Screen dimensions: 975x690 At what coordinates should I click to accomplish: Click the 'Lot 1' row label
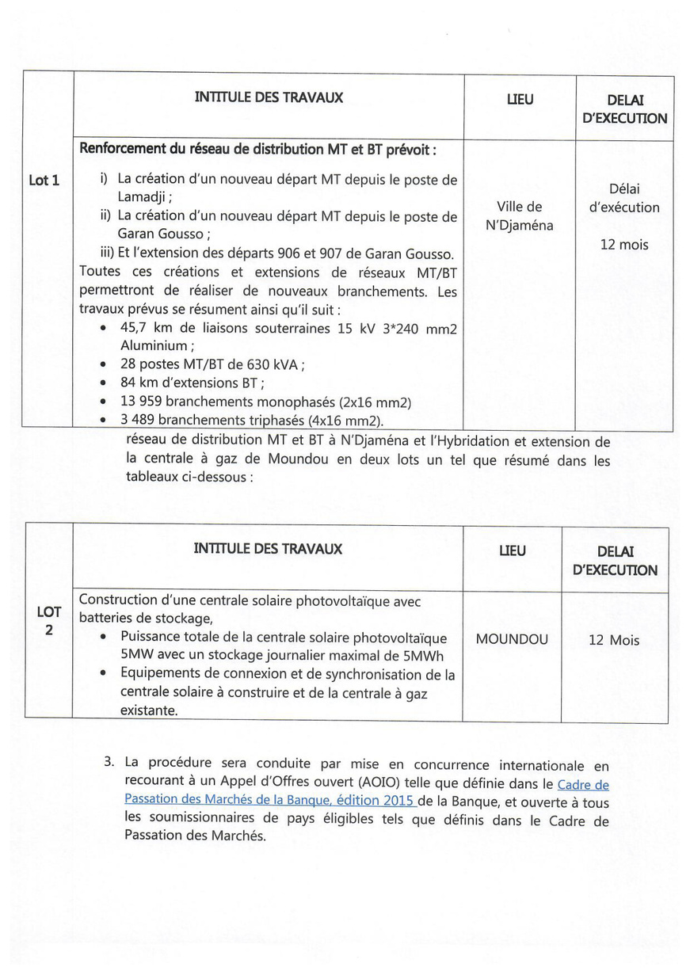(x=44, y=181)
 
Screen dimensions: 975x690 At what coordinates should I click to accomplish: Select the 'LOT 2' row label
(x=49, y=621)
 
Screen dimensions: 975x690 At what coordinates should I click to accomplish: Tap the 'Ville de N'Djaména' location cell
(x=519, y=216)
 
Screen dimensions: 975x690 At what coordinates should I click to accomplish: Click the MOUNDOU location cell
(x=512, y=639)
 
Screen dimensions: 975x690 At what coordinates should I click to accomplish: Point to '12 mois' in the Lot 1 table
(x=623, y=245)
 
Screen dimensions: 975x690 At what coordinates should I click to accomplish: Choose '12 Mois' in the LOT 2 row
(x=614, y=640)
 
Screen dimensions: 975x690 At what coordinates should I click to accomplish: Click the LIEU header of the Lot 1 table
(x=520, y=99)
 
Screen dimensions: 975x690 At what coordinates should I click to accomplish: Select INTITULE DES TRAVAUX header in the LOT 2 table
(x=268, y=549)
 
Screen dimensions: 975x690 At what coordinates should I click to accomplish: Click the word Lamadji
(x=143, y=197)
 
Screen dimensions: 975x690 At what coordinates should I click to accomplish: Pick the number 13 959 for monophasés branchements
(x=142, y=402)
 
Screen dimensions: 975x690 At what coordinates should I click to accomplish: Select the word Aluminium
(x=153, y=346)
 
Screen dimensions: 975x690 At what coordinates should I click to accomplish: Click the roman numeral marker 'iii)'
(x=107, y=253)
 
